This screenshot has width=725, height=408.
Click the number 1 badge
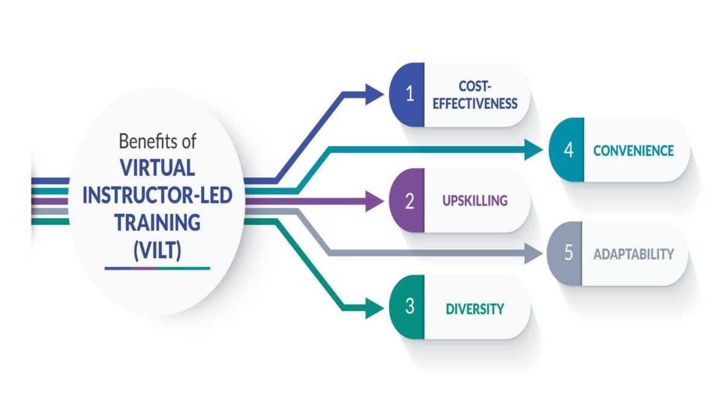409,95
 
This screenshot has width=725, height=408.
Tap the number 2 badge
409,201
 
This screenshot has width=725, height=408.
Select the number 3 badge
409,307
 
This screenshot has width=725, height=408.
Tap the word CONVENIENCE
633,150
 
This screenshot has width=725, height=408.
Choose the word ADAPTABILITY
633,254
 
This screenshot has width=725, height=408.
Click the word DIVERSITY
474,308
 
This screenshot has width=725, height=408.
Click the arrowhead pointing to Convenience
533,149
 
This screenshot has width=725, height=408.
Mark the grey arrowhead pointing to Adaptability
533,253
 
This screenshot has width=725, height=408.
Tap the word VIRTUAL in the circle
157,167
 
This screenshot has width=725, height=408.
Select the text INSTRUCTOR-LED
158,195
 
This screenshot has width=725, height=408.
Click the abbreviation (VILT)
157,249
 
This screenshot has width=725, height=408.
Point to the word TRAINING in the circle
158,222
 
